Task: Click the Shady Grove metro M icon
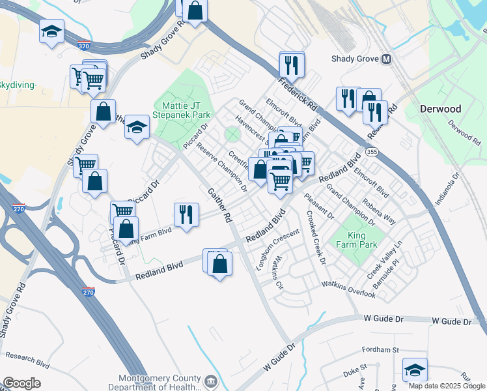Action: coord(387,59)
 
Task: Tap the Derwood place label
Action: coord(440,109)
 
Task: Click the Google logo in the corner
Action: coord(21,383)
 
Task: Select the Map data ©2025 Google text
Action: coord(447,386)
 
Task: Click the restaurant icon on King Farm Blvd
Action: coord(186,214)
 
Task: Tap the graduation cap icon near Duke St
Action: coord(415,370)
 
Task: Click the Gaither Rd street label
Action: coord(219,205)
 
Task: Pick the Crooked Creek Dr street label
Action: coord(315,239)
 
